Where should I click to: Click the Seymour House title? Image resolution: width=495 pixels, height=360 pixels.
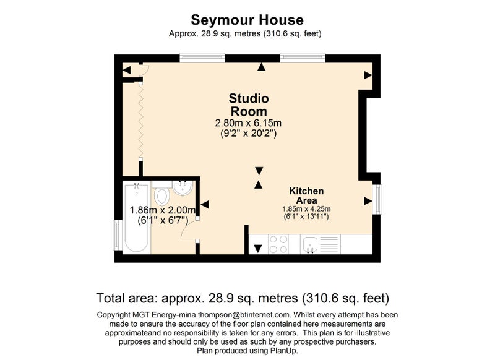247,20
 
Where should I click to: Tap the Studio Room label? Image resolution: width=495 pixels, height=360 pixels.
249,105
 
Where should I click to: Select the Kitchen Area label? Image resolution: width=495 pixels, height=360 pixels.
306,195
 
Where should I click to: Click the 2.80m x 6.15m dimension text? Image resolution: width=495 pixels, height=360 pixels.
248,122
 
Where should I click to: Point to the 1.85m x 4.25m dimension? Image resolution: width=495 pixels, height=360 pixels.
306,209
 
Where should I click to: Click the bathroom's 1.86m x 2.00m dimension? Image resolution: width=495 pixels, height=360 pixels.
163,210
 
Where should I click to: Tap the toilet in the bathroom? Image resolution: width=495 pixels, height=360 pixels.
161,193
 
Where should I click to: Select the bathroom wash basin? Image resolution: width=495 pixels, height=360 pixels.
183,187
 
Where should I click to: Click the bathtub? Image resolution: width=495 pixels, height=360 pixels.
136,218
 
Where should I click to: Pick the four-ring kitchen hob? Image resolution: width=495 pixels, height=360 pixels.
278,244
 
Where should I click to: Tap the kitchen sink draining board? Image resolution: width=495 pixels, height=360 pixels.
329,244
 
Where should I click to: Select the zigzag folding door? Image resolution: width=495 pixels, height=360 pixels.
141,121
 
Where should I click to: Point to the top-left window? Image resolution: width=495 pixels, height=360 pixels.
202,58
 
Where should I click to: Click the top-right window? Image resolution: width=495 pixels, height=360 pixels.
303,58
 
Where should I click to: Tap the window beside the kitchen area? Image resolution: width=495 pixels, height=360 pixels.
377,199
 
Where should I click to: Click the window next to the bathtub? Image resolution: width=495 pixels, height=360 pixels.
118,234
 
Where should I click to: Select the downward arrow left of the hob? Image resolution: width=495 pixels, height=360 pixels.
258,249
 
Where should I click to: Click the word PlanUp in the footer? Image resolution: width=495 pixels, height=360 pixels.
283,351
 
